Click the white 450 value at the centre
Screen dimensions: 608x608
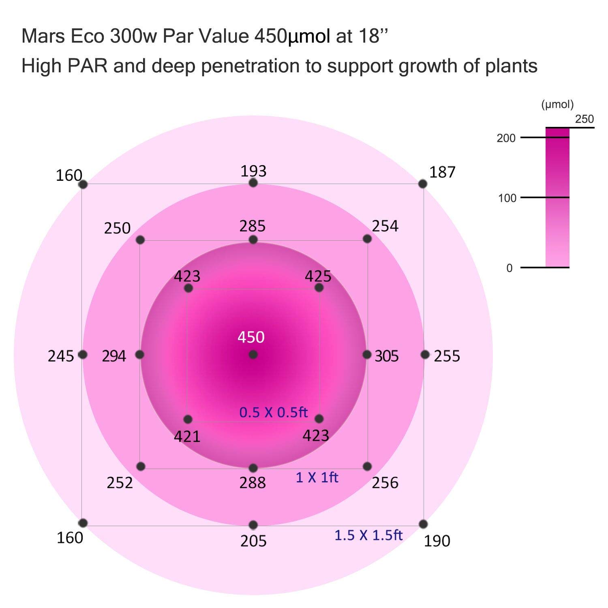point(251,337)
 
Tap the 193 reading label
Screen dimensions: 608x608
point(253,171)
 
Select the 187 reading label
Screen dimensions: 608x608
point(442,172)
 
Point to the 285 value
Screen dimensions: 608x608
point(252,226)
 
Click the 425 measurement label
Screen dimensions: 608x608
point(318,276)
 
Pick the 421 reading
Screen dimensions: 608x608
point(187,437)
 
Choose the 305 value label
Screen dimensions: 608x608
point(387,356)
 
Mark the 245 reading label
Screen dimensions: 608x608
point(61,356)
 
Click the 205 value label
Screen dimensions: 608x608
point(253,541)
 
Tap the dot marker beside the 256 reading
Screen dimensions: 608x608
point(367,467)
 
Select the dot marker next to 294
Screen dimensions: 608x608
point(140,355)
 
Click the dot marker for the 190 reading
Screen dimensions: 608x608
point(423,524)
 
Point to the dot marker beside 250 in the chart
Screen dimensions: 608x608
point(140,240)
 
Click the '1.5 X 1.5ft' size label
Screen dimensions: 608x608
point(368,535)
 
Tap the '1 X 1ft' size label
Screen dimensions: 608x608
point(317,477)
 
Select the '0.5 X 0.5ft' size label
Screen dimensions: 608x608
point(274,412)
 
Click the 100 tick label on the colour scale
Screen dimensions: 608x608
point(507,198)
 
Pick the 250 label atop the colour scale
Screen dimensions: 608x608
point(584,119)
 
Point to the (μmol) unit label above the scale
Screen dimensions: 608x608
point(557,105)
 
